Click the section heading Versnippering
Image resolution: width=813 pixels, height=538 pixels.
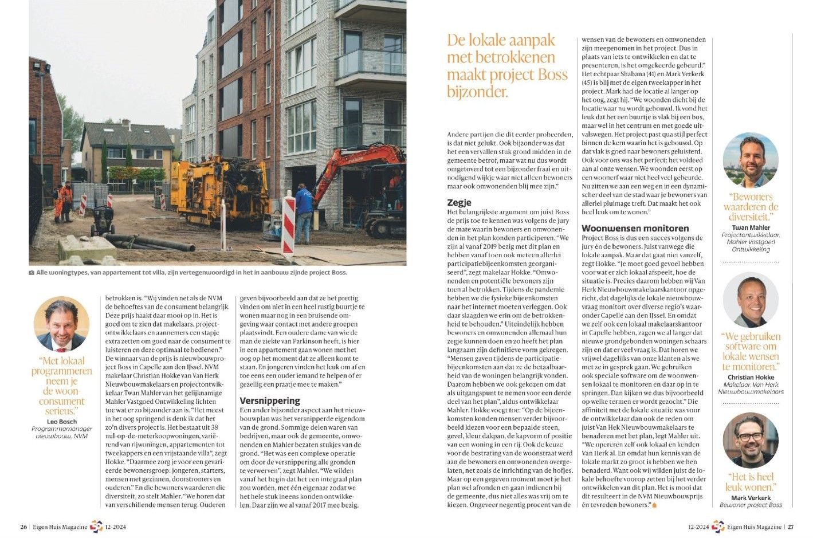point(269,400)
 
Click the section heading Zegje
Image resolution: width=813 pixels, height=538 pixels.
point(459,202)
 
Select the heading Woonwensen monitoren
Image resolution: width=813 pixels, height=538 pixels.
point(635,228)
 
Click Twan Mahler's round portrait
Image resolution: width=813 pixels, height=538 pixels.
point(751,161)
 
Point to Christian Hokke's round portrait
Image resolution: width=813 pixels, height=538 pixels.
point(751,300)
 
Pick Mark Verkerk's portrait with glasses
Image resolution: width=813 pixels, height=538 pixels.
point(751,440)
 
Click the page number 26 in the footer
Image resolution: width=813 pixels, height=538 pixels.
point(23,527)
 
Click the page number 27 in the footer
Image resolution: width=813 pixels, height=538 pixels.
point(790,527)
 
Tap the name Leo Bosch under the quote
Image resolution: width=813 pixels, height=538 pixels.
point(62,422)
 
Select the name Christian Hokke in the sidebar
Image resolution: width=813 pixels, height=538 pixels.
point(751,377)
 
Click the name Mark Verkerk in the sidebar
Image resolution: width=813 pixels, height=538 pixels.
point(751,497)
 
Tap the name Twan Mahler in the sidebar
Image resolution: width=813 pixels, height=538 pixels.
point(751,227)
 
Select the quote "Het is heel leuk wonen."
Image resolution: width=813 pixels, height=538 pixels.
point(751,482)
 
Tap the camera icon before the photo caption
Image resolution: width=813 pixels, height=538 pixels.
point(32,273)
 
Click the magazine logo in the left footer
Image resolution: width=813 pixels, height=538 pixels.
point(96,527)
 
